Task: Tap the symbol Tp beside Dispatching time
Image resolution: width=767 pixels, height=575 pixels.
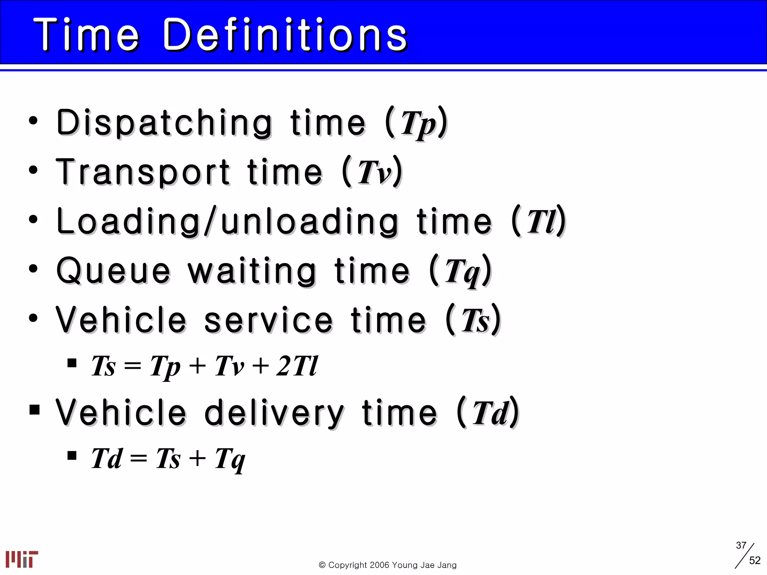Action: (x=418, y=124)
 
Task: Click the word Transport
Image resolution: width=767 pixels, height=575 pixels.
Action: (x=143, y=172)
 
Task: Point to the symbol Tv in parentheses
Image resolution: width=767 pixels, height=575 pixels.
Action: (x=375, y=173)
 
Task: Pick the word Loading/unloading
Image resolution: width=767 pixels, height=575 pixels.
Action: (x=227, y=222)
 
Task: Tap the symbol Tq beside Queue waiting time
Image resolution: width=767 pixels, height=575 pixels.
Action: (x=462, y=271)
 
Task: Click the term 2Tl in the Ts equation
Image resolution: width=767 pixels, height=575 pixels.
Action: (x=297, y=366)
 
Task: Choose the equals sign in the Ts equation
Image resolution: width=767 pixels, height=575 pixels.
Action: (x=133, y=366)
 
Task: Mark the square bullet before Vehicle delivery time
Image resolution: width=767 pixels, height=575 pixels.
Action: (x=34, y=410)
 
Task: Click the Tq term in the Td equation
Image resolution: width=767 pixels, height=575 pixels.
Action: (x=230, y=459)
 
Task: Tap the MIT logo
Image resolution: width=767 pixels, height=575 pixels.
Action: (x=22, y=559)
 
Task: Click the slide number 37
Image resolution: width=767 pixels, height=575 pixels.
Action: (x=741, y=545)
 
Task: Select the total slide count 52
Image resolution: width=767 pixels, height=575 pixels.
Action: (x=755, y=560)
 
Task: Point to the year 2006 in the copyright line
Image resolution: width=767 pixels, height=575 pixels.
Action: (x=380, y=565)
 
